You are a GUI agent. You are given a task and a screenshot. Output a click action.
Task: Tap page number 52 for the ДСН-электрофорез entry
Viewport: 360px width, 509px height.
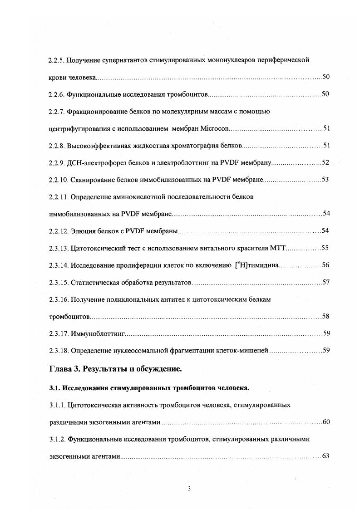(x=325, y=162)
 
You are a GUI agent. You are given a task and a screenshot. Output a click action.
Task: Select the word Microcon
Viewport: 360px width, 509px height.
(x=214, y=128)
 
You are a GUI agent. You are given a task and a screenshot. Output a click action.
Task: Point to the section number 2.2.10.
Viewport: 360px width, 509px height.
(x=58, y=180)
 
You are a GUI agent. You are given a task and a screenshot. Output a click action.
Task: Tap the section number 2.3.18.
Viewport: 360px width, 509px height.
(x=58, y=351)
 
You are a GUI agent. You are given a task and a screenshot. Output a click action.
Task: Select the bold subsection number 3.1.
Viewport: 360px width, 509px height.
(x=54, y=388)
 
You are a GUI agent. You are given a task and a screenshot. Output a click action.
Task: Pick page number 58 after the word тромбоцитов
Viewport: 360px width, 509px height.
(x=325, y=317)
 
